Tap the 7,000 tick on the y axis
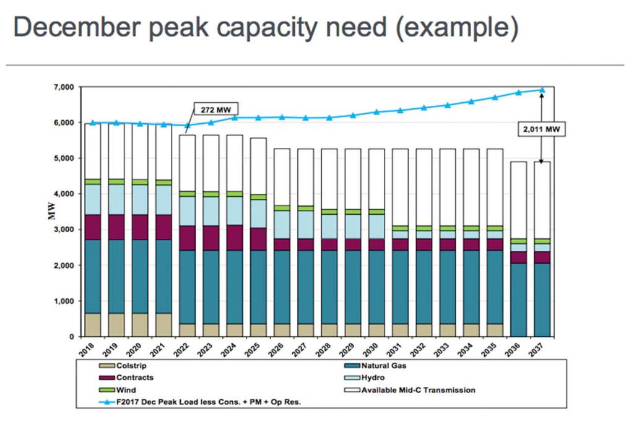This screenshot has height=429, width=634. click(x=64, y=87)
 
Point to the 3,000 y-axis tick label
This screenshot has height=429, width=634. click(x=64, y=230)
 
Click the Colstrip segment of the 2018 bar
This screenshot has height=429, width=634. click(x=92, y=324)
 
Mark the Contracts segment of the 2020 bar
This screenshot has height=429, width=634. click(x=140, y=227)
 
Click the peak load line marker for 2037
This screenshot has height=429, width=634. click(x=543, y=90)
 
